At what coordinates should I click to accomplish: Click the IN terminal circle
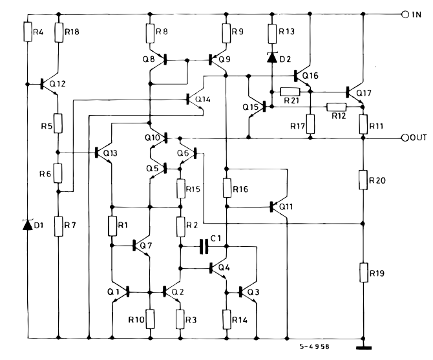coord(405,15)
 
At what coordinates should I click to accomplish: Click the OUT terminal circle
coord(405,138)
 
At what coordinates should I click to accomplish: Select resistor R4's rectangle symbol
coord(28,32)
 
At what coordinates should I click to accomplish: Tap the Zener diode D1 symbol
coord(28,225)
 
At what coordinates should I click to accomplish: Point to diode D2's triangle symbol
coord(272,58)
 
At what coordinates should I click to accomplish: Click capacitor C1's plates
coord(204,246)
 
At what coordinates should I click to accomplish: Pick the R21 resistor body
coord(290,91)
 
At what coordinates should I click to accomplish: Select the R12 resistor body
coord(336,107)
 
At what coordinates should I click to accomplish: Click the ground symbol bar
coord(363,348)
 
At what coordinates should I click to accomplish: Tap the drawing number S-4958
coord(315,346)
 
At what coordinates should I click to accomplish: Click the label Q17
coord(364,93)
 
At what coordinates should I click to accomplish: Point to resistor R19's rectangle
coord(364,273)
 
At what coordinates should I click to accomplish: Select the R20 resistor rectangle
coord(363,180)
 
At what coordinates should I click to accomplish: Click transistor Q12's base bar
coord(42,83)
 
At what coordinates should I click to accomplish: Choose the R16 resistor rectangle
coord(227,187)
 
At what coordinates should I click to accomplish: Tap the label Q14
coord(203,99)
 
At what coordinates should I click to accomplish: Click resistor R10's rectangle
coord(150,319)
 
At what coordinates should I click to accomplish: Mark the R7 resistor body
coord(59,226)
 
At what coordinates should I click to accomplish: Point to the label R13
coord(287,32)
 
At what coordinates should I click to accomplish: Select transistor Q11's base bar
coord(271,207)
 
